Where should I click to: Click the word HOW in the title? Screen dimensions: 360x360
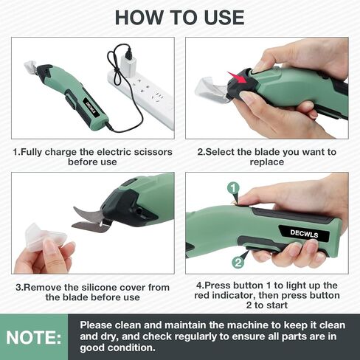tap(139, 18)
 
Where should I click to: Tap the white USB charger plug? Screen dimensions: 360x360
tap(127, 64)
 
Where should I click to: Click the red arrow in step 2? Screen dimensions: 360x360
tap(237, 77)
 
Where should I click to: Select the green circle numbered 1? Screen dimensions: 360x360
tap(233, 189)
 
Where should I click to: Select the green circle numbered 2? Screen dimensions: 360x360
tap(238, 263)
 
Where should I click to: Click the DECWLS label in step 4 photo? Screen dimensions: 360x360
tap(304, 233)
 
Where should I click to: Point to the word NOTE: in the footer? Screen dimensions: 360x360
tap(34, 337)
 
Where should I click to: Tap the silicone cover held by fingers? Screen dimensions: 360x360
tap(45, 238)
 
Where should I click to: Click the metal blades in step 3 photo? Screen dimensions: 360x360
tap(92, 220)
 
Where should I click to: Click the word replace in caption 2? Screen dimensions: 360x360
tap(267, 162)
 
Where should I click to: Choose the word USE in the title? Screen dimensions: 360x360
tap(224, 18)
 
